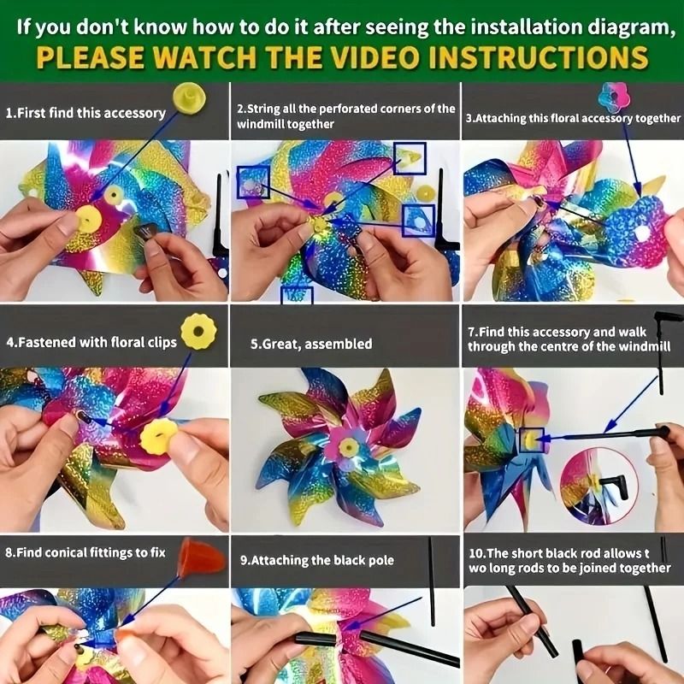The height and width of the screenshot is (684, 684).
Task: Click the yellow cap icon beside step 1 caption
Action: [189, 98]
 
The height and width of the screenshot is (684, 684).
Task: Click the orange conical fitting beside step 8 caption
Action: [201, 557]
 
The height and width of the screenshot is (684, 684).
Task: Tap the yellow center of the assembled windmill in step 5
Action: [349, 447]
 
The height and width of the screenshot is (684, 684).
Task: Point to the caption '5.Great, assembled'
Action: [311, 344]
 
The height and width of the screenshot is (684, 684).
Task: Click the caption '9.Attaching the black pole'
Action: [317, 560]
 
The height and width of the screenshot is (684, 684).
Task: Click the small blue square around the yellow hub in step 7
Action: [531, 440]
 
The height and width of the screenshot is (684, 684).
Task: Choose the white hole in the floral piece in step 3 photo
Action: [642, 233]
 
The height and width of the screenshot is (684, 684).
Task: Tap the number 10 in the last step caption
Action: [475, 553]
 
